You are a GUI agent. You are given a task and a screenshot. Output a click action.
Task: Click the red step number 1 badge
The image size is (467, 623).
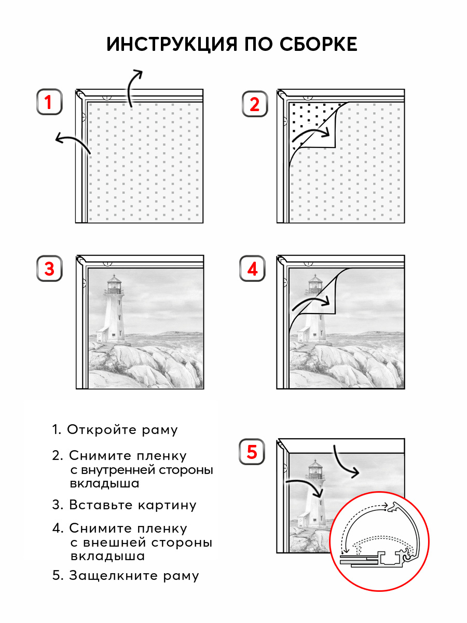49,102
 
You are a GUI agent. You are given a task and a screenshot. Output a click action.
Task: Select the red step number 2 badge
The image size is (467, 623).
254,104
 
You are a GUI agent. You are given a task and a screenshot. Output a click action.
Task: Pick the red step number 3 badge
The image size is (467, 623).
49,269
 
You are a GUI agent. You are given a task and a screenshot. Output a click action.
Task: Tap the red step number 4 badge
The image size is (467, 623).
252,269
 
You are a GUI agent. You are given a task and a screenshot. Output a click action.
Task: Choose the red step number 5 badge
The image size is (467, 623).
252,452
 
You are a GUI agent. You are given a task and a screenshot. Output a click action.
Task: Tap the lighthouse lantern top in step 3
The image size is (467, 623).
114,283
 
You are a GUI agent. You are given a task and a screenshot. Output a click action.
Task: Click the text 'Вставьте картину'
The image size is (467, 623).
132,505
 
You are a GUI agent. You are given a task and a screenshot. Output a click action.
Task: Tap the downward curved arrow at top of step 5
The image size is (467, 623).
344,462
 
